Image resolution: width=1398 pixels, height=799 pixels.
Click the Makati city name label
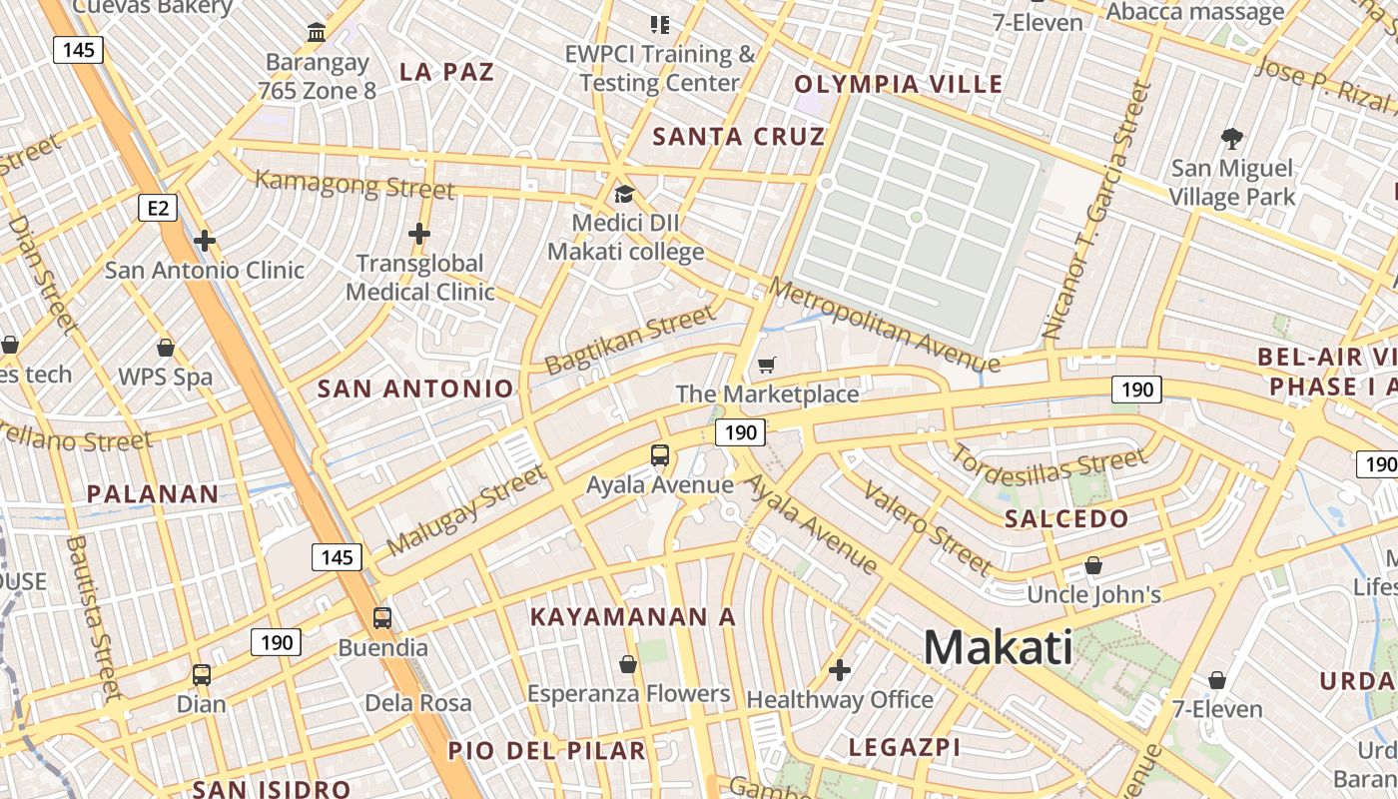[x=998, y=648]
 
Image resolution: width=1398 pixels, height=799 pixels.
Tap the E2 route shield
[x=158, y=208]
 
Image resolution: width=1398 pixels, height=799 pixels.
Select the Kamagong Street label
[x=354, y=185]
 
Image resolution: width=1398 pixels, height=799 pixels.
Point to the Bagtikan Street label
[x=630, y=340]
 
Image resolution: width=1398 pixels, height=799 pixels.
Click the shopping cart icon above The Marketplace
[x=766, y=366]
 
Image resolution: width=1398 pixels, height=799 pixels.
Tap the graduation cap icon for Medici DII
[x=625, y=194]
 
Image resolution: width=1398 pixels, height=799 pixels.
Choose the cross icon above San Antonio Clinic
[x=205, y=241]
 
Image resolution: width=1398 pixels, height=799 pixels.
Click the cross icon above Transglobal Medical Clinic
[x=419, y=234]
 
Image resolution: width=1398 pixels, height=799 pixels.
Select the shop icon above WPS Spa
[x=166, y=348]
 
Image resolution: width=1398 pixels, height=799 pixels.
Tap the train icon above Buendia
[x=382, y=617]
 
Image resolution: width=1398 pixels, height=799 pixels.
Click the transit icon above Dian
[x=202, y=674]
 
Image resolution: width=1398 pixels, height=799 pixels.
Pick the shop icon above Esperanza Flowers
[x=628, y=664]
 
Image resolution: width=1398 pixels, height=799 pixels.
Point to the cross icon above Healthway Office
[x=840, y=669]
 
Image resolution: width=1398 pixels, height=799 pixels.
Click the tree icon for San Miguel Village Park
[x=1232, y=138]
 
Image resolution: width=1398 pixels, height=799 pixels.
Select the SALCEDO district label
[x=1066, y=519]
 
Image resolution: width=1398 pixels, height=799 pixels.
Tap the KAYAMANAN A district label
[x=632, y=617]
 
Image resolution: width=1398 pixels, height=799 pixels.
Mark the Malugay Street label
[x=466, y=510]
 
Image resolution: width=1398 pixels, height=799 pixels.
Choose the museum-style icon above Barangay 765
[x=317, y=33]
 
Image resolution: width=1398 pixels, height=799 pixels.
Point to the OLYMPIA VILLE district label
[x=898, y=84]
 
